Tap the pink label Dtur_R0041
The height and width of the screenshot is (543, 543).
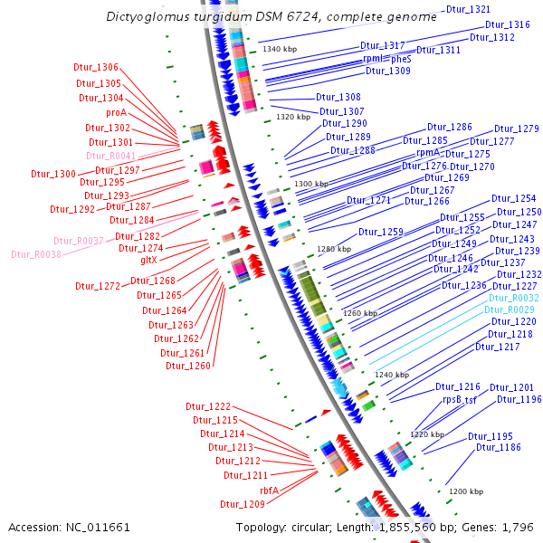[x=110, y=156]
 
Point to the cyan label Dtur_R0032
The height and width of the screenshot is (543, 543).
[x=514, y=298]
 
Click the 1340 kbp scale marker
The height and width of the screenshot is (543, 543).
[x=280, y=48]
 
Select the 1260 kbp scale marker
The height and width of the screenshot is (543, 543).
[x=360, y=313]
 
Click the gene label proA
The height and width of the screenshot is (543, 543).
[x=116, y=113]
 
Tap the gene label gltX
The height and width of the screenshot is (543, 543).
[x=149, y=260]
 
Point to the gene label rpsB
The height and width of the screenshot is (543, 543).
[x=452, y=399]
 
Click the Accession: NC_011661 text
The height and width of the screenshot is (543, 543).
[x=69, y=527]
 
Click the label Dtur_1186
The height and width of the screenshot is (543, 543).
[x=499, y=447]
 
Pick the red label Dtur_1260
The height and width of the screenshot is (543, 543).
[x=188, y=366]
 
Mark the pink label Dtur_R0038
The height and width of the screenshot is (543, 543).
[x=57, y=254]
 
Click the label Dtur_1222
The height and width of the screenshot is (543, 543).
[x=208, y=406]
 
